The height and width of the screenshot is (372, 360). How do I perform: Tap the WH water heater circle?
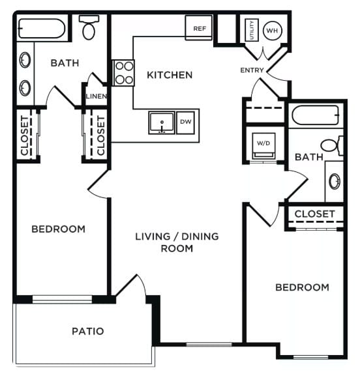click(271, 30)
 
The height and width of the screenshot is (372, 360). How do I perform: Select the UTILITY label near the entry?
click(250, 30)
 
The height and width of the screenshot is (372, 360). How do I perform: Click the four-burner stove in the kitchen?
click(123, 72)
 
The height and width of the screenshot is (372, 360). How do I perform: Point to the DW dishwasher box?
click(186, 122)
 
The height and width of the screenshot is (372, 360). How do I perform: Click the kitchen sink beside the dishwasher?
click(160, 122)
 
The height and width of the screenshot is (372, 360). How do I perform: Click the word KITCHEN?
click(170, 75)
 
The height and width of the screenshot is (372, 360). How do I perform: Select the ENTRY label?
click(252, 70)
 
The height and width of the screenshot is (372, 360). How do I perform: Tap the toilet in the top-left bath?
click(89, 27)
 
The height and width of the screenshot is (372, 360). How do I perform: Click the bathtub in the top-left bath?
click(40, 29)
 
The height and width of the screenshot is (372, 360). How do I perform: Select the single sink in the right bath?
click(335, 181)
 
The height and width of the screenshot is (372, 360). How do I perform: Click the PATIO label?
click(87, 331)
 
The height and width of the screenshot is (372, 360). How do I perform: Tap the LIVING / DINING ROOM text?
click(177, 242)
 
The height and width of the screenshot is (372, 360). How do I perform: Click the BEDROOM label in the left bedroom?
click(59, 229)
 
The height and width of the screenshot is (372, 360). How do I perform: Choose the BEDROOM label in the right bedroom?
click(302, 287)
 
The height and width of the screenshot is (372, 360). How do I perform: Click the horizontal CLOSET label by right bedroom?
click(314, 214)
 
